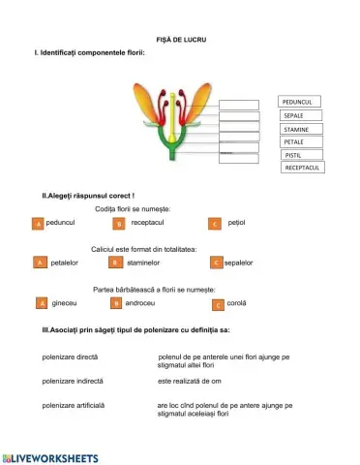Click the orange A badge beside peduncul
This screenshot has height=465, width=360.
coord(38,224)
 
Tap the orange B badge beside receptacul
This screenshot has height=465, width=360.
coord(119,224)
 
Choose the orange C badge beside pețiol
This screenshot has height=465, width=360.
coord(215,224)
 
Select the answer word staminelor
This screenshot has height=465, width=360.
coord(142,263)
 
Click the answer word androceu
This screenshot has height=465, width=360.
coord(141,303)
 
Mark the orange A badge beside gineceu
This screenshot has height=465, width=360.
coord(41,303)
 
